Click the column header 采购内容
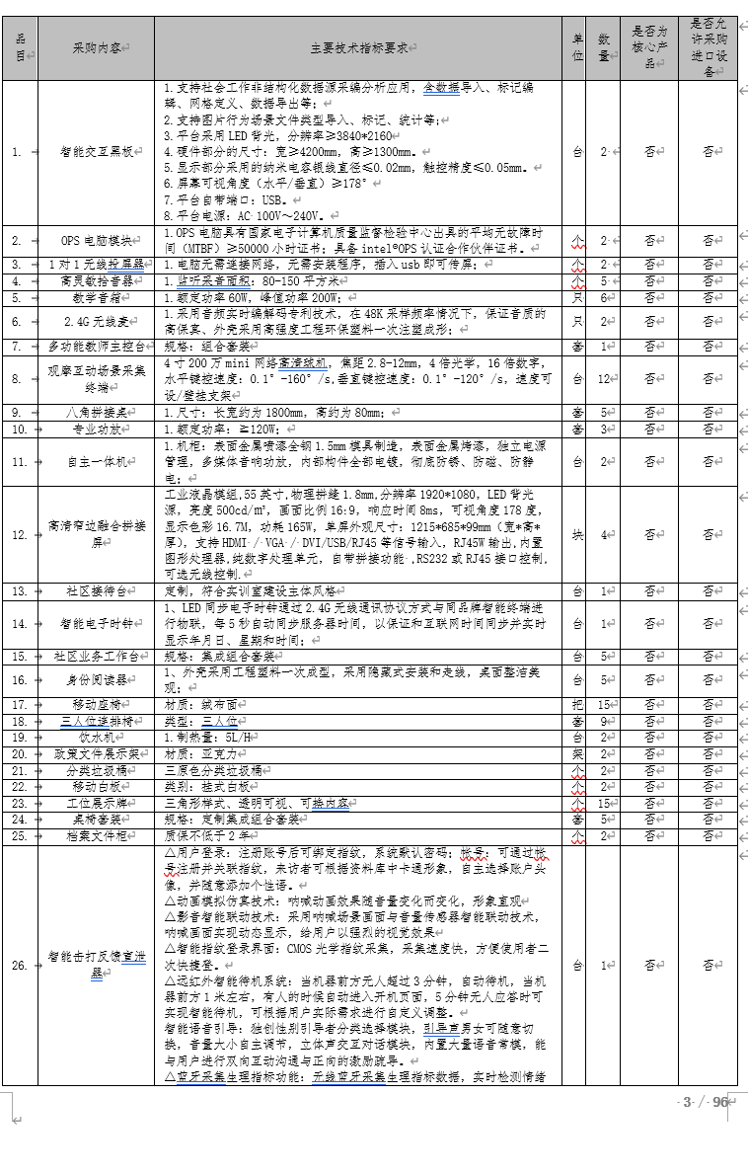coord(95,46)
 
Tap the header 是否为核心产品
coord(648,46)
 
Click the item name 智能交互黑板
coord(95,152)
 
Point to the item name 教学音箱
coord(95,296)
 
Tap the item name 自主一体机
coord(95,461)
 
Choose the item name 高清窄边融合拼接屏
coord(95,534)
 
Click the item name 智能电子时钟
coord(95,623)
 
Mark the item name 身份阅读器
coord(95,679)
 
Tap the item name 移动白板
coord(95,786)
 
